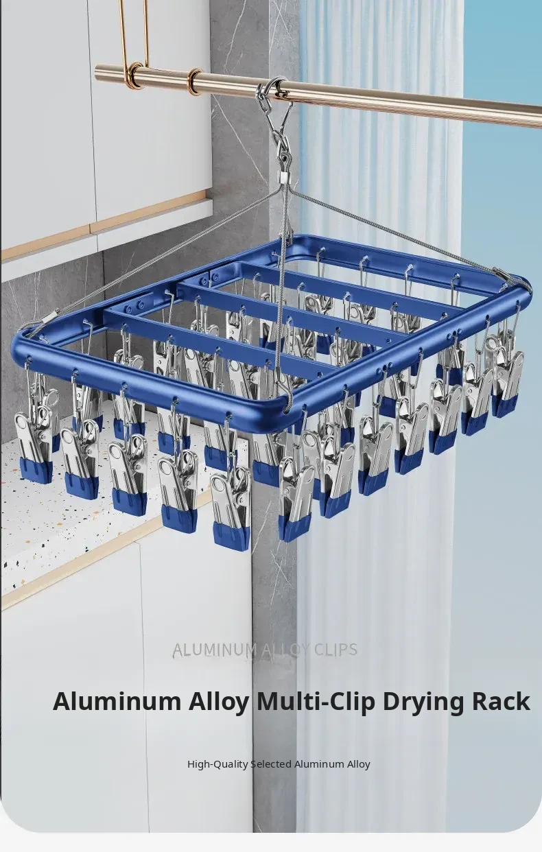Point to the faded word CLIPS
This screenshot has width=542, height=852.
(x=335, y=650)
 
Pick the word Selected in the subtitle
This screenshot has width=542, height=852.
(x=271, y=764)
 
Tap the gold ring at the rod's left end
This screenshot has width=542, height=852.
(x=135, y=75)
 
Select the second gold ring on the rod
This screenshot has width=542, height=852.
(x=195, y=81)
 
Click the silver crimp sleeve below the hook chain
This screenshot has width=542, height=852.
(x=283, y=176)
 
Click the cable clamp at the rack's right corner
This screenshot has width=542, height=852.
(x=502, y=273)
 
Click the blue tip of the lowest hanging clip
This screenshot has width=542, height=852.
(x=231, y=536)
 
